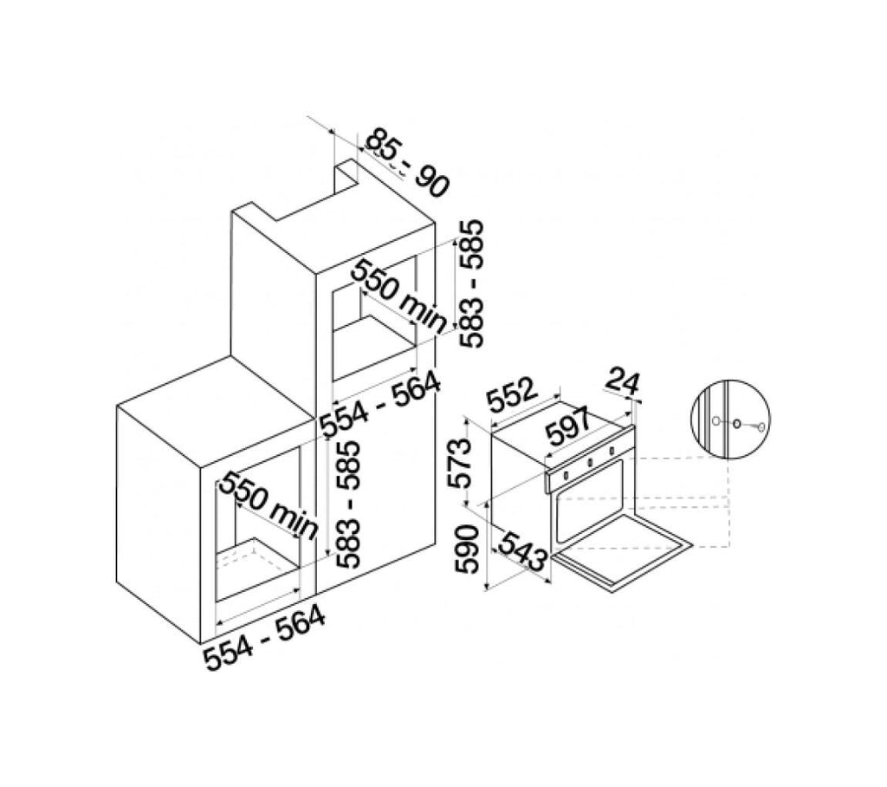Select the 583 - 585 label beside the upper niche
[x=471, y=283]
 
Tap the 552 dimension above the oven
[x=511, y=394]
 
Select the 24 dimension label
[x=623, y=382]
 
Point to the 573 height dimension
[x=459, y=464]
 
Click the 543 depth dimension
[x=521, y=551]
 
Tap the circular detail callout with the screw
[x=731, y=419]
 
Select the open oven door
[x=622, y=550]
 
